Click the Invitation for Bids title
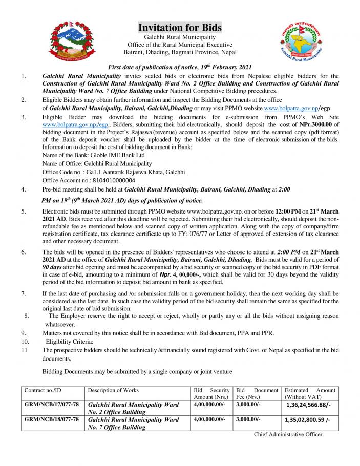pyautogui.click(x=180, y=27)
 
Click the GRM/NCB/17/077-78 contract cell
pyautogui.click(x=52, y=405)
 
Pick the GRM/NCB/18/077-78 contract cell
pyautogui.click(x=52, y=420)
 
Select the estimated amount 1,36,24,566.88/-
pyautogui.click(x=307, y=405)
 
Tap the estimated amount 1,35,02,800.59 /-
pyautogui.click(x=307, y=420)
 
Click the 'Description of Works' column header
pyautogui.click(x=113, y=390)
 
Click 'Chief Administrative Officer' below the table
pyautogui.click(x=288, y=435)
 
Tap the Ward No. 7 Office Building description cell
pyautogui.click(x=133, y=423)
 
